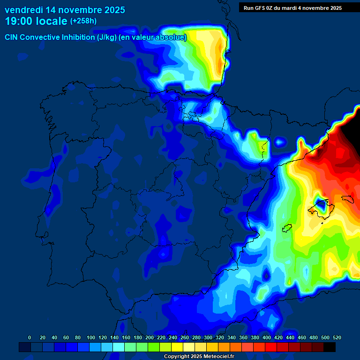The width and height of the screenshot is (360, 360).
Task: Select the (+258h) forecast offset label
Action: (x=83, y=21)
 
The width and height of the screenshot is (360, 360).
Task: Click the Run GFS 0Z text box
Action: (x=292, y=8)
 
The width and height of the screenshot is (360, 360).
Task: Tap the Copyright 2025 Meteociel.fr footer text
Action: (x=199, y=357)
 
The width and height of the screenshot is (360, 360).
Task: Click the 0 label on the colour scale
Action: (x=30, y=337)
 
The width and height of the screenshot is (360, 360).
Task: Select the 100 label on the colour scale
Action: (x=91, y=337)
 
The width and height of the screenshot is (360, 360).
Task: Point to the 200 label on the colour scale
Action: (x=150, y=337)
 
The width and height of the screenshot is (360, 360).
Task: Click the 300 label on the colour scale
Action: (x=208, y=337)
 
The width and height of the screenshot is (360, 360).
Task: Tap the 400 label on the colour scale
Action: (x=267, y=337)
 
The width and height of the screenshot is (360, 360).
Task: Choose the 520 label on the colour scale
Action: (x=337, y=337)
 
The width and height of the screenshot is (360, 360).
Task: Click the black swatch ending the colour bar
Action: (x=330, y=347)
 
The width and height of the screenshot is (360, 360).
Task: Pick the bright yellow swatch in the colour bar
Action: (x=177, y=347)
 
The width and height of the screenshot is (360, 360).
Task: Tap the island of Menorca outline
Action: (x=347, y=199)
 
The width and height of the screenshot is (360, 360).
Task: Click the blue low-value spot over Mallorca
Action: (x=321, y=204)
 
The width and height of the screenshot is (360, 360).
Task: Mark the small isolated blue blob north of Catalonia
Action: (x=280, y=141)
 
